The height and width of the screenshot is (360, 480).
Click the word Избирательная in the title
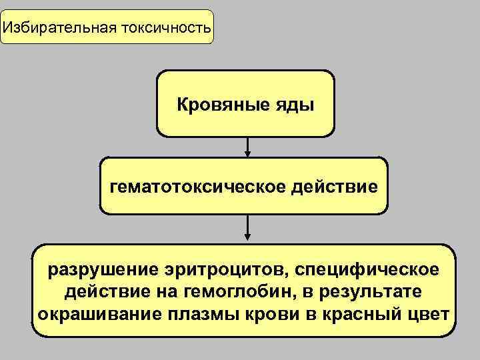[x=58, y=29]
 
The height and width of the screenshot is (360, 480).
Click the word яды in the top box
[x=298, y=105]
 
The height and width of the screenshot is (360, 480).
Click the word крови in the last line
[x=267, y=313]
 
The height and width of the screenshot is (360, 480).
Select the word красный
[x=357, y=313]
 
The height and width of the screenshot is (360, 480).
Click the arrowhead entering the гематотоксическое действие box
[x=248, y=154]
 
